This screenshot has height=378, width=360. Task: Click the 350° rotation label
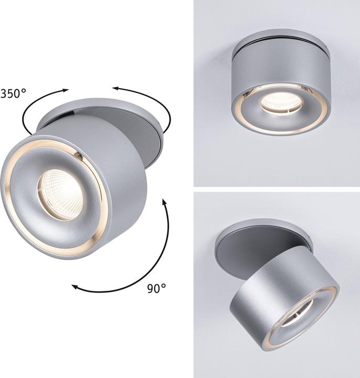point(13,93)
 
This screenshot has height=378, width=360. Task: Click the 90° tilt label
point(156,288)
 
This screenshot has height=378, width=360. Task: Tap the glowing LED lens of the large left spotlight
point(60,194)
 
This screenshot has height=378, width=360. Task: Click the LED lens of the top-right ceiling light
point(281,102)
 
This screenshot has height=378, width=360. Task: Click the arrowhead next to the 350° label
point(66,90)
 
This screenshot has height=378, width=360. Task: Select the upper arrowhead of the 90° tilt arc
point(164,202)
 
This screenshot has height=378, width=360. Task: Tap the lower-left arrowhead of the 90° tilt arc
point(75,287)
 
